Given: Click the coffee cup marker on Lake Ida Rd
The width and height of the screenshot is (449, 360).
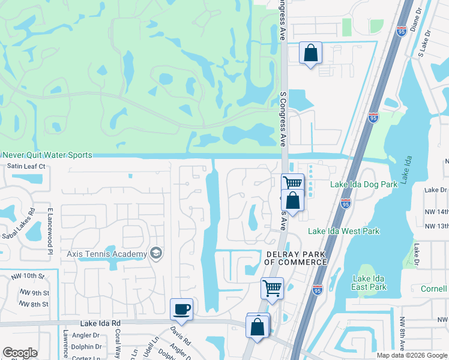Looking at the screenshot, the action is tap(181, 310).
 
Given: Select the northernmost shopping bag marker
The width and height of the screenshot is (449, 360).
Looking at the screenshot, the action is tap(310, 53).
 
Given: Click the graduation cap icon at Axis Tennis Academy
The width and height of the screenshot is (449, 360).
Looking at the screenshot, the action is tap(156, 253).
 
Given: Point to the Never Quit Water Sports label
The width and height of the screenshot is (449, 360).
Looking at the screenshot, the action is tap(46, 155).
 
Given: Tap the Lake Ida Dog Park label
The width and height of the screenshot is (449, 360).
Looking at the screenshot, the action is tap(364, 184).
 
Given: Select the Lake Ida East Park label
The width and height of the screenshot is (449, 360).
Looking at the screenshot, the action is tap(370, 283).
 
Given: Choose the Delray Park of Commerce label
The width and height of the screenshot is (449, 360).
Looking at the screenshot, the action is tap(296, 258).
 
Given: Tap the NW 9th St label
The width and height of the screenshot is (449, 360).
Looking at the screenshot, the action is tap(33, 293).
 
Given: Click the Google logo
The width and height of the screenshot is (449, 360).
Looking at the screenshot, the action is tap(20, 353).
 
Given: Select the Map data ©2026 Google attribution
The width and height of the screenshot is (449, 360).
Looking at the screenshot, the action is tap(412, 355).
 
